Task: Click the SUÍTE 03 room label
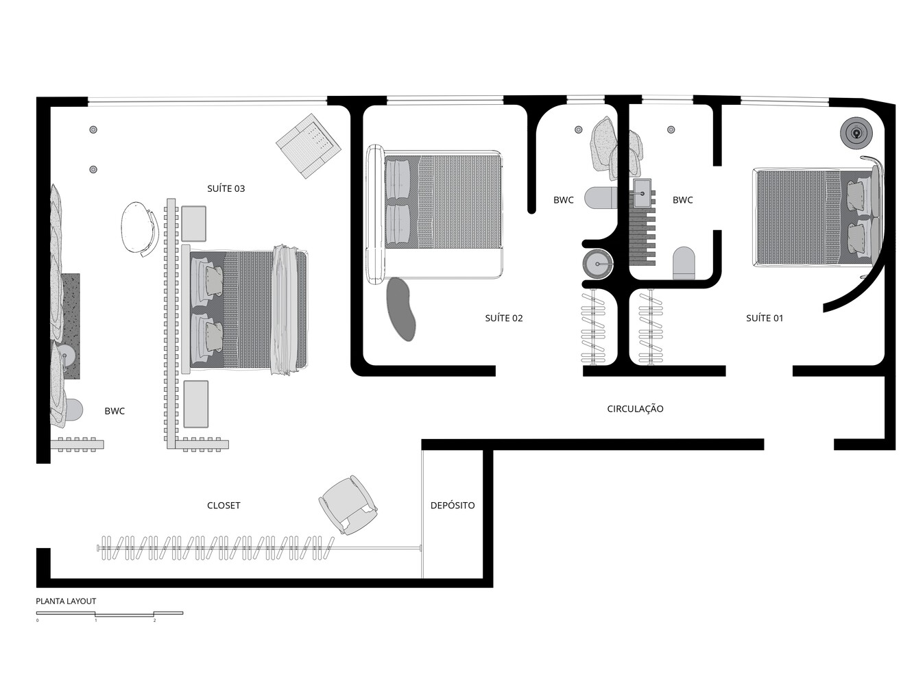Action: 226,188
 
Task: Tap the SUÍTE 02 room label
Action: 503,318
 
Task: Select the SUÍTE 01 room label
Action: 765,318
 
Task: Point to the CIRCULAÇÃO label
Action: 635,408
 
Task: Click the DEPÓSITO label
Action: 453,506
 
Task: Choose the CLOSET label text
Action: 224,506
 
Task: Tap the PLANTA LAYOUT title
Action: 66,601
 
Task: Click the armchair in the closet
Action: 348,505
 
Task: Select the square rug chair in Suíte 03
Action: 308,146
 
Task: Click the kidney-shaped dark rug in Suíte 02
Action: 400,309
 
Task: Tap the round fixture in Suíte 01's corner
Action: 856,132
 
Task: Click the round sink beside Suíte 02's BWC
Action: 598,264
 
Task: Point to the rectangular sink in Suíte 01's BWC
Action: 642,193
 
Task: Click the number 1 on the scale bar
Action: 96,621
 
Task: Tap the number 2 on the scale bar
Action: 154,621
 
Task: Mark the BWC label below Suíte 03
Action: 115,411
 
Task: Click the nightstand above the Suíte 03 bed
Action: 193,224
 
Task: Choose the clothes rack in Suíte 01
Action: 650,327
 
